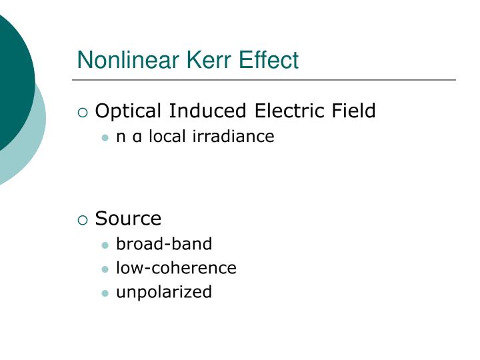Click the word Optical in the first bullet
(x=129, y=111)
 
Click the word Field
(x=354, y=110)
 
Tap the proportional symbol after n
(x=137, y=137)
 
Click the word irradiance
(x=233, y=137)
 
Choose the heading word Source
(x=128, y=219)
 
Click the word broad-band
(x=164, y=244)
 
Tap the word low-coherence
(x=176, y=268)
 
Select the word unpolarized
(x=164, y=292)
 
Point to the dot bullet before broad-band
(x=105, y=245)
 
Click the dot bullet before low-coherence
(x=105, y=269)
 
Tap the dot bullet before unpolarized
(x=105, y=293)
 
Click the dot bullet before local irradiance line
(x=105, y=138)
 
